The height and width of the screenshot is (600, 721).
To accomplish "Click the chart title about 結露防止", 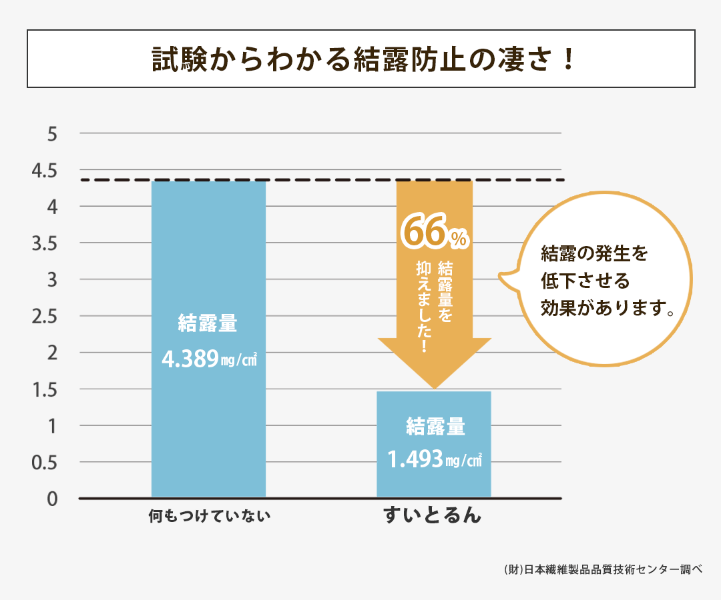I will click(x=360, y=59).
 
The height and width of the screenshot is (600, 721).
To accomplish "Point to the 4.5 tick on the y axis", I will click(x=45, y=171).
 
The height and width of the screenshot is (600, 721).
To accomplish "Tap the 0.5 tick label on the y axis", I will click(x=45, y=463).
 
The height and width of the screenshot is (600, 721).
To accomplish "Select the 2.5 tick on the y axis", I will click(x=45, y=317).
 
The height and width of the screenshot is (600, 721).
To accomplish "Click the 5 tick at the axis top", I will click(x=53, y=134).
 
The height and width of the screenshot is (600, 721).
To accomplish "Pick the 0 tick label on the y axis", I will click(x=53, y=499).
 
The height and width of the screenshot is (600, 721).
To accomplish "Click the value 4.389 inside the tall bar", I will click(x=191, y=359).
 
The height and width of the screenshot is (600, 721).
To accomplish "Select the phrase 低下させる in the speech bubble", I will click(x=585, y=281).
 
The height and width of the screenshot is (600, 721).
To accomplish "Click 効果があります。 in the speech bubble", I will click(x=606, y=308).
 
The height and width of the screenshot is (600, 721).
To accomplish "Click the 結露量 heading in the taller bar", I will click(x=208, y=325).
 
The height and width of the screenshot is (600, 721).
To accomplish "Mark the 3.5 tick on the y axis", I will click(x=45, y=244).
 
